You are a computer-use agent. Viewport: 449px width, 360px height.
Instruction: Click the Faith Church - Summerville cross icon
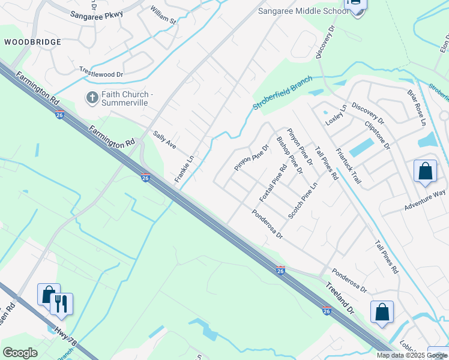92,97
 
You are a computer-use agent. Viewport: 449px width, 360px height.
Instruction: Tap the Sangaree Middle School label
303,11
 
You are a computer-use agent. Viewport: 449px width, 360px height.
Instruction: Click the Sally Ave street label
164,140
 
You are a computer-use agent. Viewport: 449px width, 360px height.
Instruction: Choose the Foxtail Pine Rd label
271,182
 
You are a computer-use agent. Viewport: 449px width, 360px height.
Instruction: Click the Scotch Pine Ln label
302,200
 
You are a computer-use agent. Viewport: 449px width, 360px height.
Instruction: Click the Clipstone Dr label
377,135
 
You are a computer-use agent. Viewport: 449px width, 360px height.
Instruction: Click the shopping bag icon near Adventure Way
425,171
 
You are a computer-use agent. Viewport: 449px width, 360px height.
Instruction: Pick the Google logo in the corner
20,353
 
